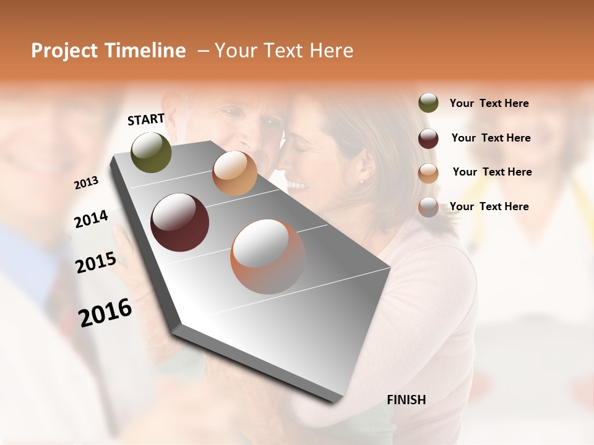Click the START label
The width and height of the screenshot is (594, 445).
(146, 119)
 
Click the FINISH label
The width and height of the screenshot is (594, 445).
(406, 400)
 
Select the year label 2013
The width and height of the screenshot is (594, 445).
(87, 183)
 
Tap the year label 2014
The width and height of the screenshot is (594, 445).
(91, 219)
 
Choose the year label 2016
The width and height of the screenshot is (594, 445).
(105, 313)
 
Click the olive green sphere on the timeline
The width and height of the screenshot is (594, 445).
(151, 152)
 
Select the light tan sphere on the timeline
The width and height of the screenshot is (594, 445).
(235, 173)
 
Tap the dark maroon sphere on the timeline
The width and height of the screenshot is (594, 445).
(179, 222)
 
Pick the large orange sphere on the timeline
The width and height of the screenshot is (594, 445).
(267, 256)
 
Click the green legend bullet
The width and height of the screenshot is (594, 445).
(428, 103)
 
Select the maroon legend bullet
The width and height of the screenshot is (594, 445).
(428, 138)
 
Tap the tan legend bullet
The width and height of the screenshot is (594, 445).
(428, 172)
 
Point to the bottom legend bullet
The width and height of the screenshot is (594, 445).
(428, 207)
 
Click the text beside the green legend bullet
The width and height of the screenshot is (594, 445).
(489, 103)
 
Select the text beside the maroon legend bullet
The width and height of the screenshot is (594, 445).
(491, 138)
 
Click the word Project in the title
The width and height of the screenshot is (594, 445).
(64, 51)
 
